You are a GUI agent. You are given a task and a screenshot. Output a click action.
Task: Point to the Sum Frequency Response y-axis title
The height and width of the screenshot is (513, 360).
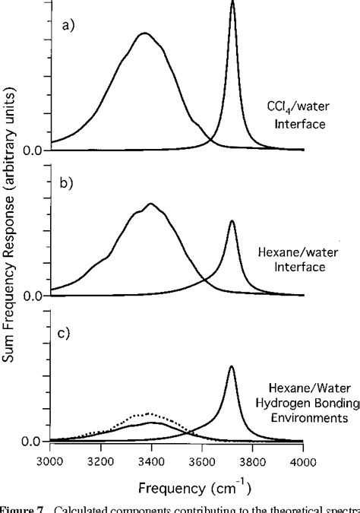[10, 228]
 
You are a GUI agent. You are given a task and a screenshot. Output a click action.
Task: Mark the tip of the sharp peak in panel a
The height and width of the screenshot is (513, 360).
[232, 3]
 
